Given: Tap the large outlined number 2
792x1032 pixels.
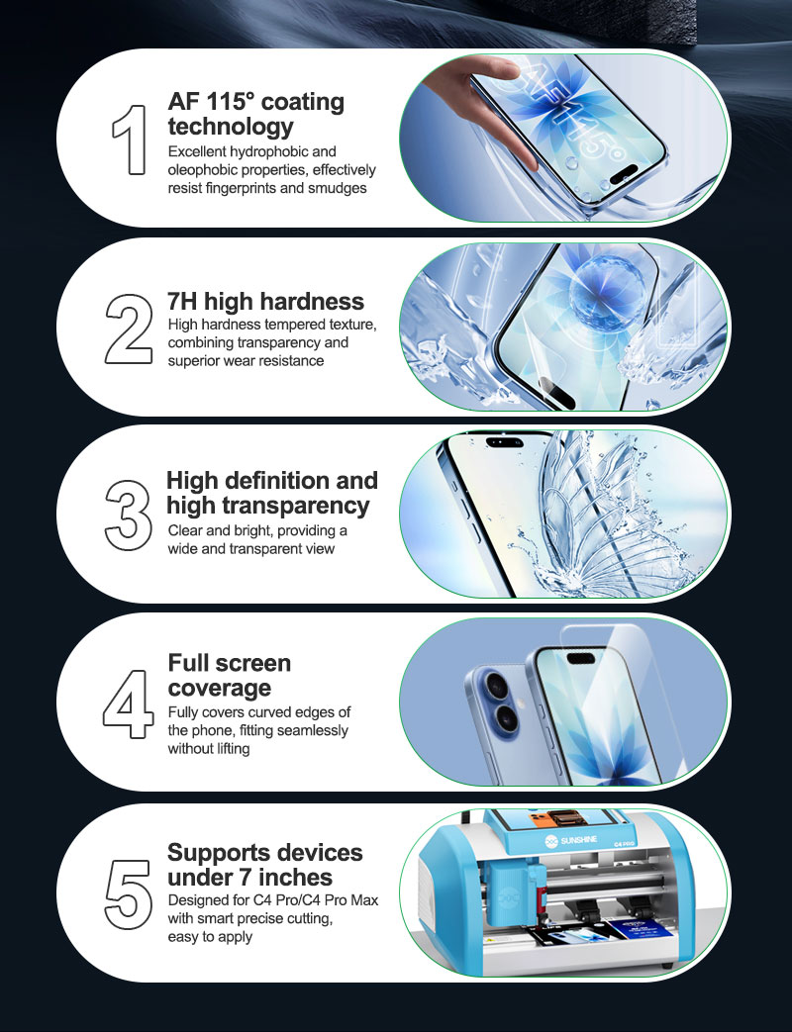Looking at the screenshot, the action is click(129, 329).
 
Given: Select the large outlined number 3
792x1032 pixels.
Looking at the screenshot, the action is click(129, 516).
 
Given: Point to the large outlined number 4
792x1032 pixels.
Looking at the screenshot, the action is click(129, 704).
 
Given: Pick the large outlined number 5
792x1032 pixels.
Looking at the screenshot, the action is click(129, 894).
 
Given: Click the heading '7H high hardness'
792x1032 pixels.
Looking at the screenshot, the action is click(265, 302).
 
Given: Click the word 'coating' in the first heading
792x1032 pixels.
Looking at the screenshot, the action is click(303, 103).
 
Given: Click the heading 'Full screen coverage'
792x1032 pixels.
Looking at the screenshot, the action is click(229, 675).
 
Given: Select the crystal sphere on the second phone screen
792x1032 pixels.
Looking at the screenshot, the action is click(606, 290).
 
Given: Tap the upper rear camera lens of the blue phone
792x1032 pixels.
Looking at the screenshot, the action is click(493, 685).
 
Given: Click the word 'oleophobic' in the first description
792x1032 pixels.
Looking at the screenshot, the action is click(203, 170).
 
